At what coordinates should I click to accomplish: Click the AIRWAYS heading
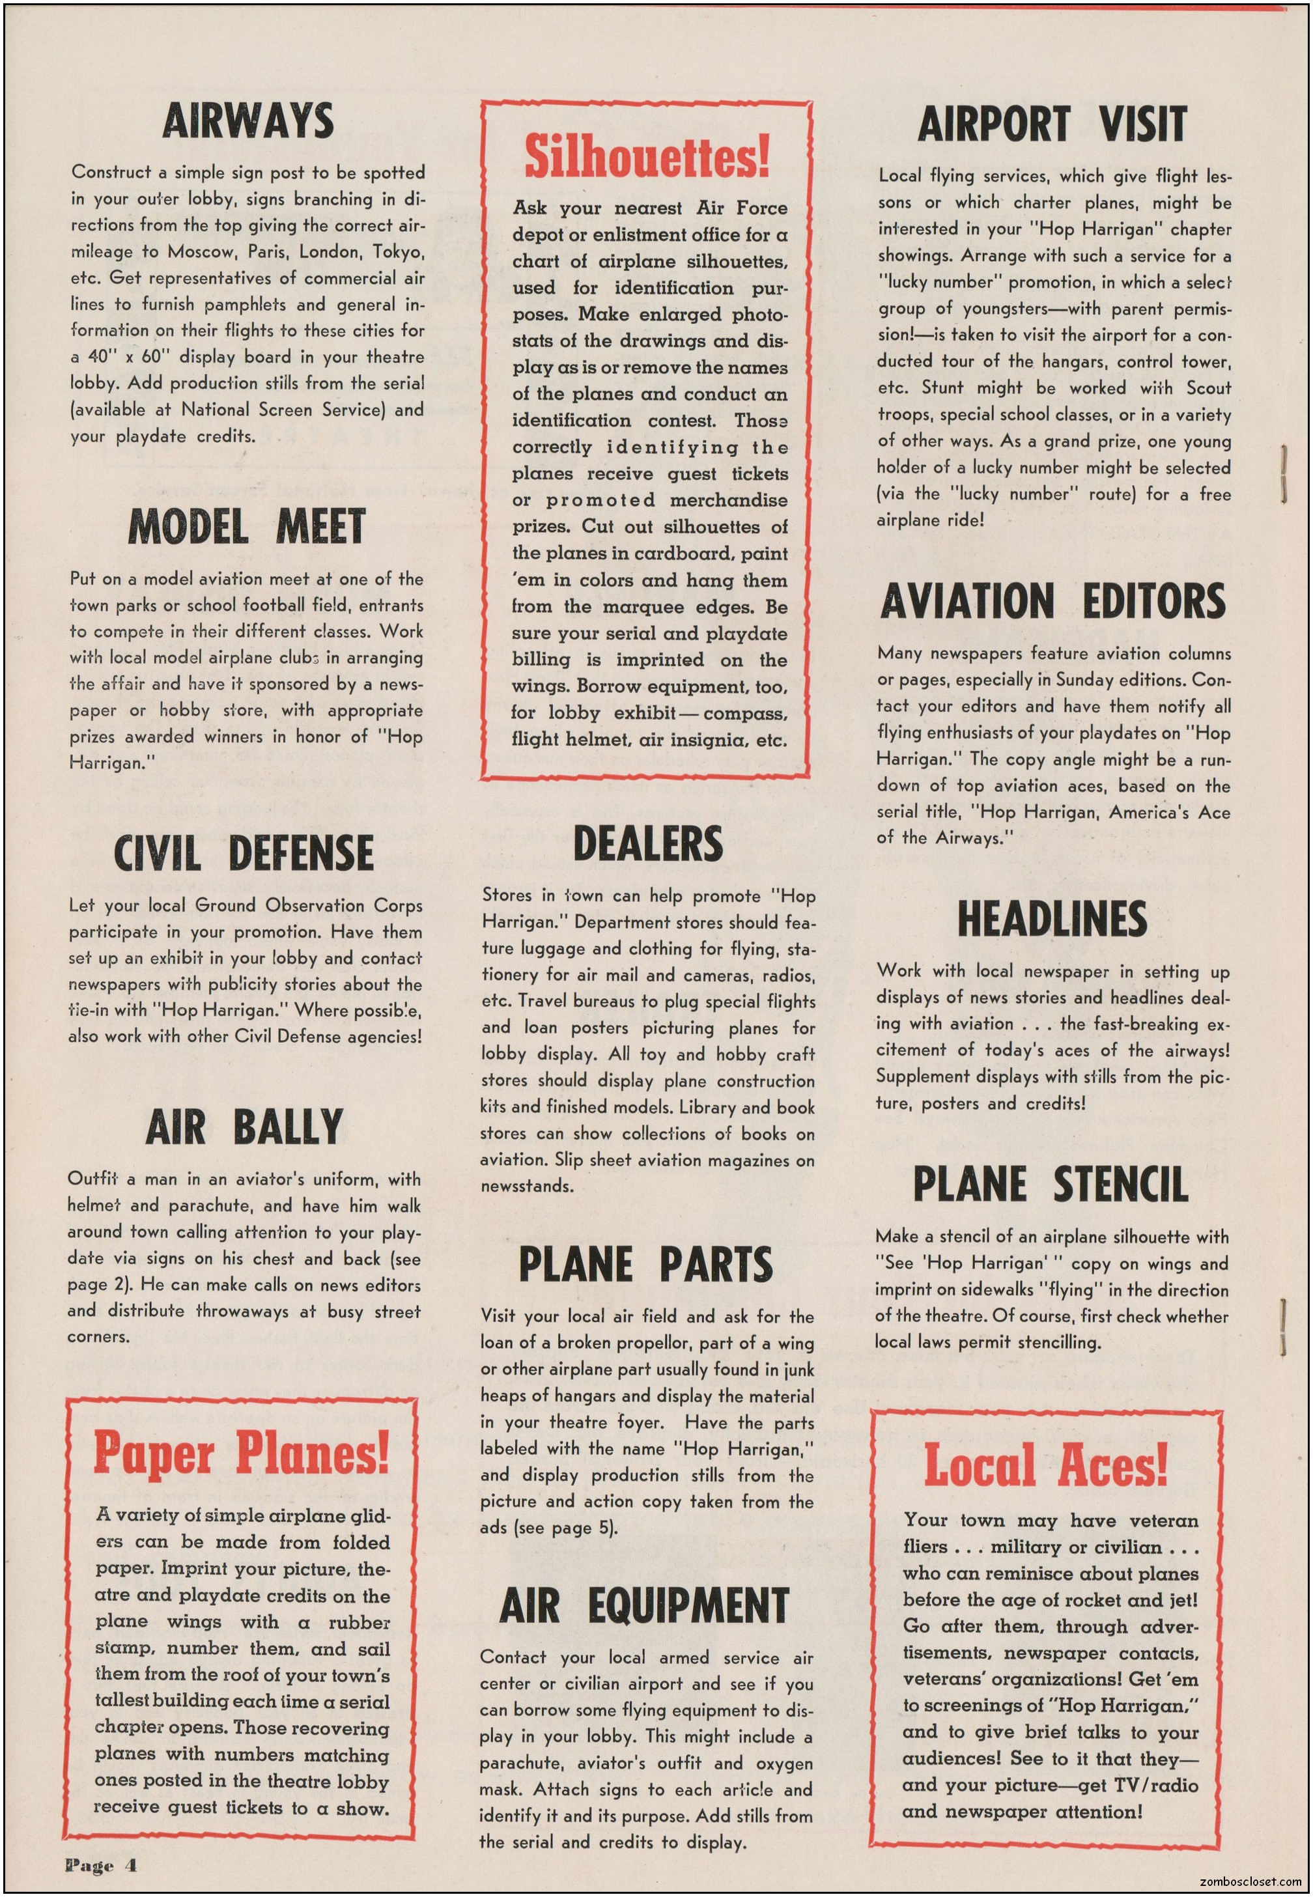click(247, 121)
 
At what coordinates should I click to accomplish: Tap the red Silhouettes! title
click(647, 157)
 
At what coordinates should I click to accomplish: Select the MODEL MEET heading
click(247, 526)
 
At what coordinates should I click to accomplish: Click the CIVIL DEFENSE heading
click(244, 852)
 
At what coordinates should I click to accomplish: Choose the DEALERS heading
click(647, 844)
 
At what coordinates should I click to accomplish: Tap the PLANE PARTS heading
click(646, 1265)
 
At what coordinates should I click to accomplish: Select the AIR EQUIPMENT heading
click(644, 1605)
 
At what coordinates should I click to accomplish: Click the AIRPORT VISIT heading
click(1052, 124)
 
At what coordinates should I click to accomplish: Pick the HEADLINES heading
click(1052, 919)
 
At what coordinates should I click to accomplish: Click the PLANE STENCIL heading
click(1051, 1184)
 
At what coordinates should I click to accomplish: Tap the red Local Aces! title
click(1045, 1465)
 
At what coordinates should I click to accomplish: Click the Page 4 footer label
click(101, 1865)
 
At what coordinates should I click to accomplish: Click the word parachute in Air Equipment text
click(518, 1763)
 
